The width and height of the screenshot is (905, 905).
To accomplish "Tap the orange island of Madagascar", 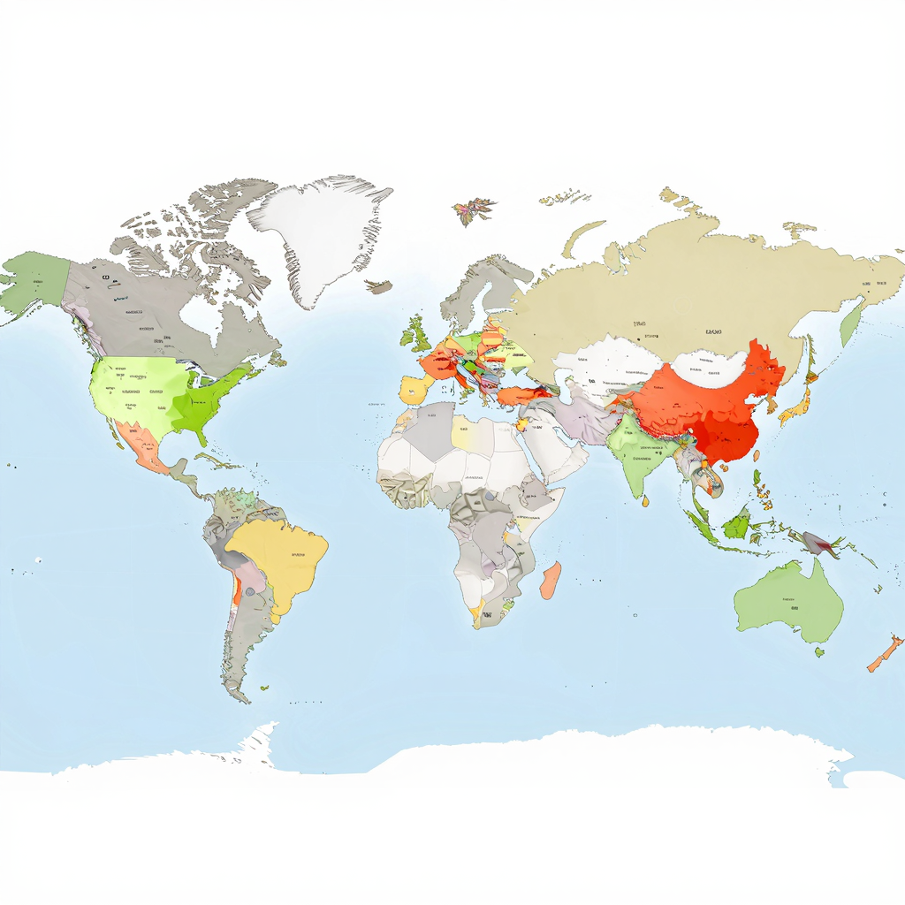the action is [x=550, y=580].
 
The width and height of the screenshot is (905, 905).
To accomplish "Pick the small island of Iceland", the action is [x=379, y=286].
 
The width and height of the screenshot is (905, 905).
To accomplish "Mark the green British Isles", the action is [x=415, y=334].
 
